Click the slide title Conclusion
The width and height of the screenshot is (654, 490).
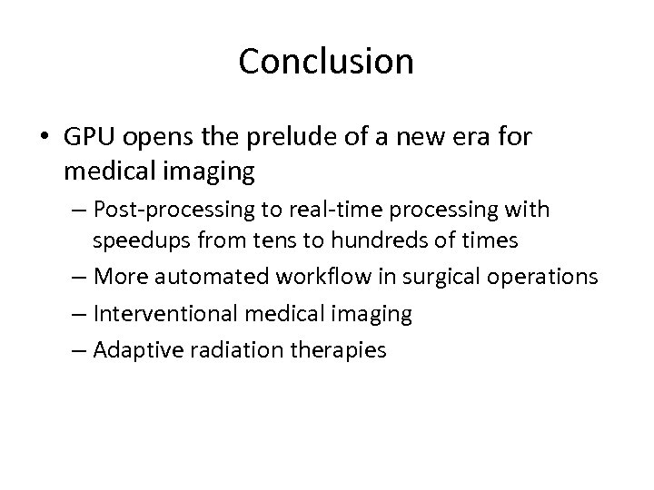[x=326, y=62]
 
